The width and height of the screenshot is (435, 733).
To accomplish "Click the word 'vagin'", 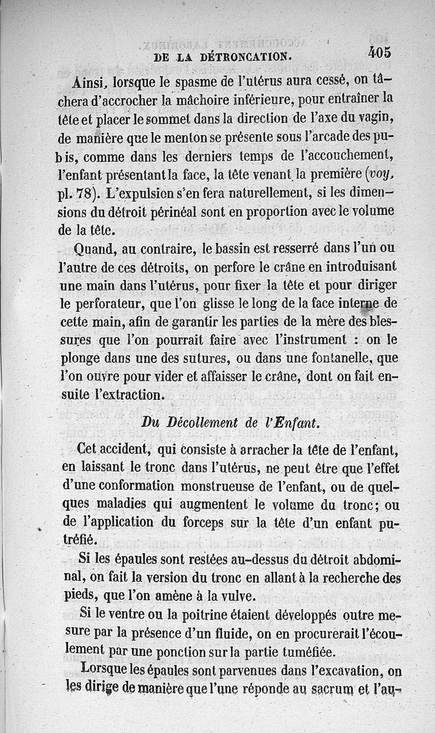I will click(x=378, y=118).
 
